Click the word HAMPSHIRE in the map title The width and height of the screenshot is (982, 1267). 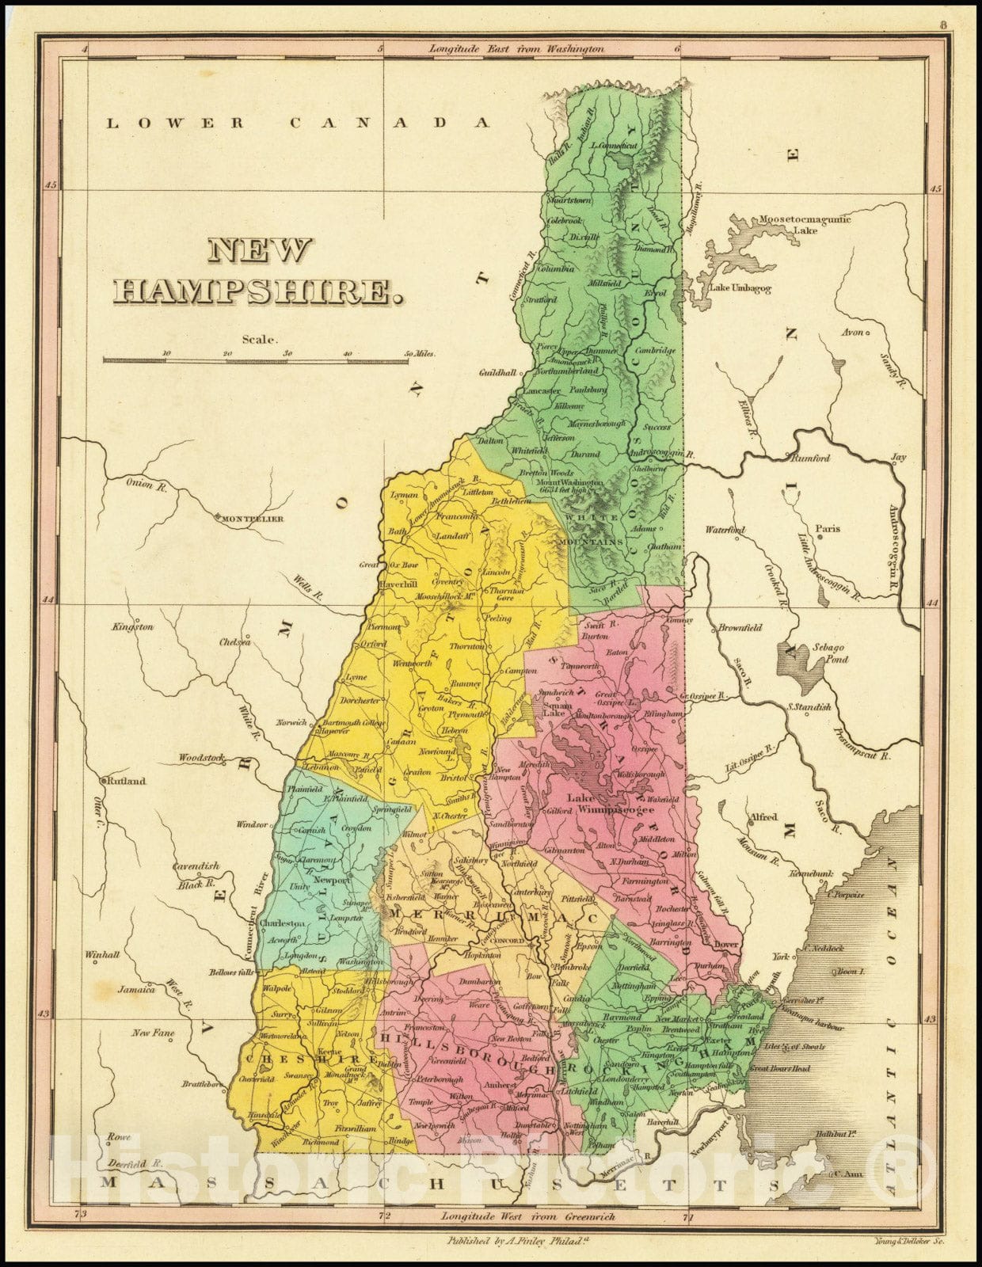coord(256,292)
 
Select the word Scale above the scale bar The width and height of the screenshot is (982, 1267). coord(261,340)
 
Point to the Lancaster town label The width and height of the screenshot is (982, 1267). coord(542,391)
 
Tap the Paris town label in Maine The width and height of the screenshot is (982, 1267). coord(828,529)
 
